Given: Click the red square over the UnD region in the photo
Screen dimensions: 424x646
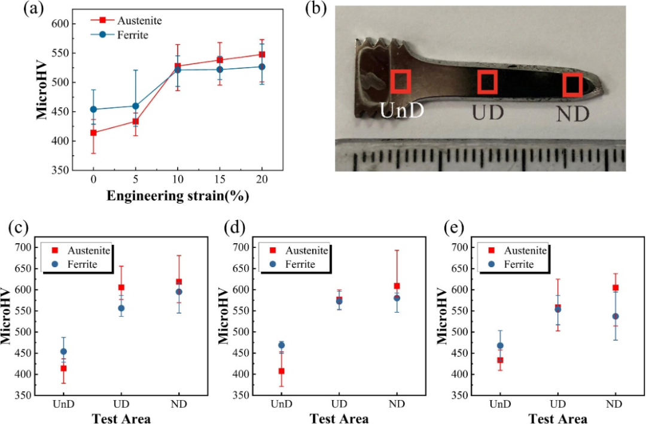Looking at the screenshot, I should (400, 81).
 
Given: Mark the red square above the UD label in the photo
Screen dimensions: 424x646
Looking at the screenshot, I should (487, 82).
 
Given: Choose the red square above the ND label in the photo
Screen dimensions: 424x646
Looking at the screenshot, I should (573, 85).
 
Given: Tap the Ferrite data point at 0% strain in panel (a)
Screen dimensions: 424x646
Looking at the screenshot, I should (93, 110).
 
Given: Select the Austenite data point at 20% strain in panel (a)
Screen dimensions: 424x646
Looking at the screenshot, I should (262, 54).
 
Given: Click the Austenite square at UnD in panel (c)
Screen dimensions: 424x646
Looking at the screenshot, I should (63, 368).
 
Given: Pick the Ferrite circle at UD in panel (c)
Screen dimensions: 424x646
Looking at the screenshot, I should (121, 308).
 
